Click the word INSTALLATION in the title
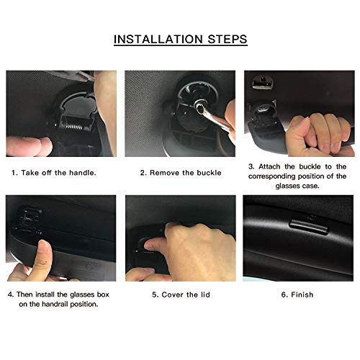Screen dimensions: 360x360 pyautogui.click(x=158, y=39)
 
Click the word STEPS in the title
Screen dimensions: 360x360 pyautogui.click(x=228, y=39)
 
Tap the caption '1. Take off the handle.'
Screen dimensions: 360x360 pyautogui.click(x=54, y=173)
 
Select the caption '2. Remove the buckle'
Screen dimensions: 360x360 pyautogui.click(x=181, y=173)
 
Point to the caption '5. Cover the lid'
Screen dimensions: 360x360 pyautogui.click(x=181, y=294)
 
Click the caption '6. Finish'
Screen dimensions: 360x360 pyautogui.click(x=297, y=294)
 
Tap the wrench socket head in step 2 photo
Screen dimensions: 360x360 pyautogui.click(x=200, y=106)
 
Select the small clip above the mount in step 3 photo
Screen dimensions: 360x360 pyautogui.click(x=262, y=83)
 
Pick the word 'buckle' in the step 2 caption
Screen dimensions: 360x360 pyautogui.click(x=209, y=173)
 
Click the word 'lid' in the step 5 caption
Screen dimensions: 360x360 pyautogui.click(x=205, y=294)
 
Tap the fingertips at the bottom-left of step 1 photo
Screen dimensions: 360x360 pyautogui.click(x=29, y=146)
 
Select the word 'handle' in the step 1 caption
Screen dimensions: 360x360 pyautogui.click(x=82, y=173)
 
